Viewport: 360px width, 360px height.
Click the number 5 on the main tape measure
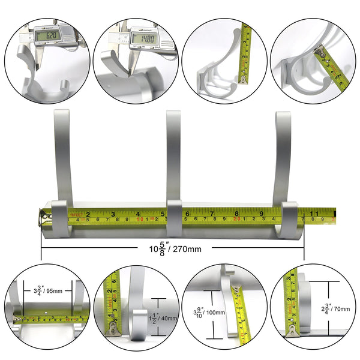pyautogui.click(x=163, y=213)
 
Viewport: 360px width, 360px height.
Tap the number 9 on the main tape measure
pyautogui.click(x=262, y=213)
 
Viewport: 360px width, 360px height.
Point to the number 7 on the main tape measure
pyautogui.click(x=212, y=213)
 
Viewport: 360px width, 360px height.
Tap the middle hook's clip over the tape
pyautogui.click(x=174, y=218)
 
